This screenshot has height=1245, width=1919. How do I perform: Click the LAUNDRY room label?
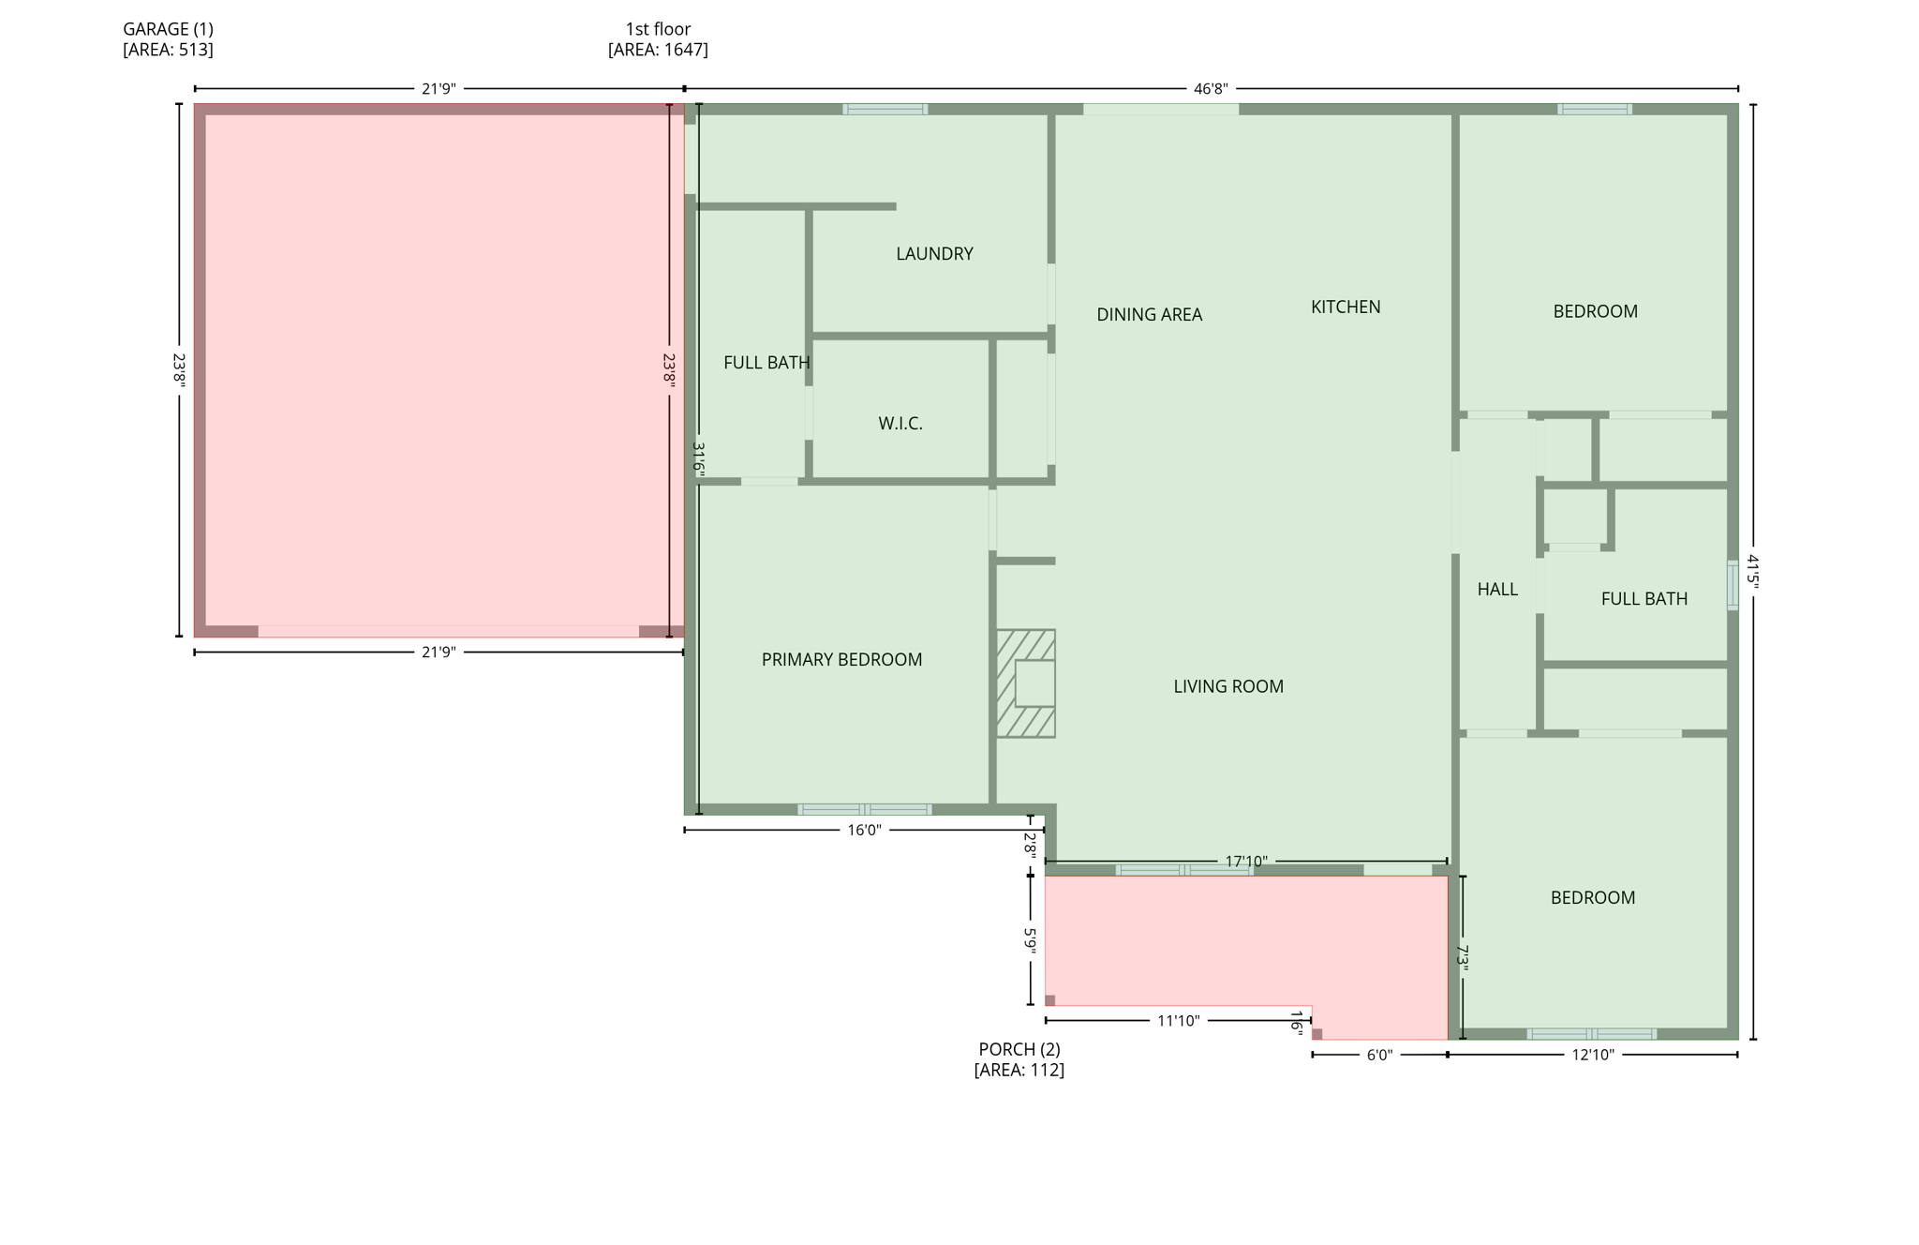point(934,254)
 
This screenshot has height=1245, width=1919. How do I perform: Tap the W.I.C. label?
point(900,424)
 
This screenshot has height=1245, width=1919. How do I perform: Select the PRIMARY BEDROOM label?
point(841,660)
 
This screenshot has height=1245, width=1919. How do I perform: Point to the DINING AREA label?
point(1149,315)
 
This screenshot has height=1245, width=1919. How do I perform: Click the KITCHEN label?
point(1345,307)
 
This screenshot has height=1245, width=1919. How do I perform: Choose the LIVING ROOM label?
point(1227,686)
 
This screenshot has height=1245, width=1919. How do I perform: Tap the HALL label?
point(1496,590)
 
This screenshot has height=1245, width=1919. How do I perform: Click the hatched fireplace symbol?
point(1025,683)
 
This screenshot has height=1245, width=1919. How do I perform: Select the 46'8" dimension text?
point(1210,89)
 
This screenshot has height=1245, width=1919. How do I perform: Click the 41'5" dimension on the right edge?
point(1752,571)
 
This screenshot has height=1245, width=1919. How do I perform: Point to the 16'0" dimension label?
point(864,831)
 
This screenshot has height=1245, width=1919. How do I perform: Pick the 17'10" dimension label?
point(1245,861)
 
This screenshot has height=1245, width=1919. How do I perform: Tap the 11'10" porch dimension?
point(1177,1021)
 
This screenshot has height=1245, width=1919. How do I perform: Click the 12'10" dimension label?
point(1592,1055)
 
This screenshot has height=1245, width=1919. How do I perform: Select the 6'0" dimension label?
point(1379,1055)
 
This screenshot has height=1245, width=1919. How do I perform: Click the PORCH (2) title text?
point(1019,1049)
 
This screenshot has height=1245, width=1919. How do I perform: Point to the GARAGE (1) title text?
point(168,29)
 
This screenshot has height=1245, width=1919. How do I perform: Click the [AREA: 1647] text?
point(658,50)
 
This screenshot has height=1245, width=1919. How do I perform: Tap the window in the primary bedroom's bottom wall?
point(864,809)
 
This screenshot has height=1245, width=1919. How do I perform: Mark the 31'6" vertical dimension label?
point(698,457)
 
